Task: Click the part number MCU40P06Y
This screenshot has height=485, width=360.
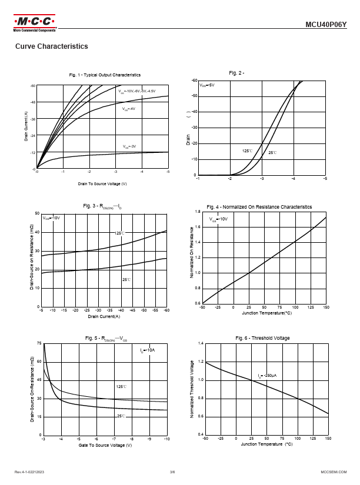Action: coord(326,25)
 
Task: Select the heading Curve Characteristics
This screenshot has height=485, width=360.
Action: coord(52,46)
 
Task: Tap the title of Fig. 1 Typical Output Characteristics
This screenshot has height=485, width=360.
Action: coord(105,75)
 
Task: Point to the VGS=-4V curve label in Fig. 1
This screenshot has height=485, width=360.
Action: coord(129,109)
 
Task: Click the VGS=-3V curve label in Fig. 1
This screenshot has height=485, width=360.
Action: coord(129,146)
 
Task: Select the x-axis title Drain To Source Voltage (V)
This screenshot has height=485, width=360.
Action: coord(103,184)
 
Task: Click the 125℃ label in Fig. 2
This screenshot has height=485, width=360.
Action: coord(247,151)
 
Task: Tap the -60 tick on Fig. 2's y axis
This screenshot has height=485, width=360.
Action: coord(194,80)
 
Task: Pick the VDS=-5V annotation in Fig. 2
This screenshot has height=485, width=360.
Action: coord(207,85)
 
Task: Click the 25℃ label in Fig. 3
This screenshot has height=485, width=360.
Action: coord(126,280)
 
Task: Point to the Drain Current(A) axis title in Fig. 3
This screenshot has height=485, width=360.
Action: coord(104,317)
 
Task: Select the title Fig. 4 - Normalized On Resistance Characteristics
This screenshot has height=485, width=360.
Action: coord(259,207)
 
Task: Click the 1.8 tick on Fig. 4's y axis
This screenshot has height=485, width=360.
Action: coord(198,212)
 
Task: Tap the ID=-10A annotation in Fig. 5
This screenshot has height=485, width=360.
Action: coord(147,350)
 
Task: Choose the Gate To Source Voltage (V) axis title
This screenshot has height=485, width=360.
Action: coord(105,446)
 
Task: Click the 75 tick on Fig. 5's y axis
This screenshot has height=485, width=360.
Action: coord(39,343)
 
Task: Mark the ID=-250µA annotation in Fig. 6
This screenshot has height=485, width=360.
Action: coord(268,376)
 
